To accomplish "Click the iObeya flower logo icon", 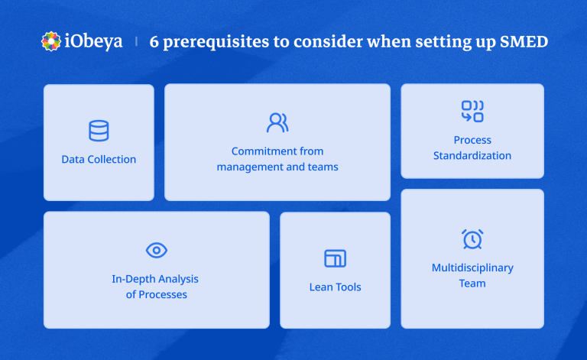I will [x=51, y=41].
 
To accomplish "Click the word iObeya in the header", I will [x=92, y=41].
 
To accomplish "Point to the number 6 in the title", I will [x=154, y=42].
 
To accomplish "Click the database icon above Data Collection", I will [x=99, y=131].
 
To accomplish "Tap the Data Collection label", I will [x=99, y=159].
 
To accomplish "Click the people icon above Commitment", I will [x=277, y=122].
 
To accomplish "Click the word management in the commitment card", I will [x=246, y=167].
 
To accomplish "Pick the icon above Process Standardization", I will [x=472, y=112].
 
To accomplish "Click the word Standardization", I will [x=472, y=155].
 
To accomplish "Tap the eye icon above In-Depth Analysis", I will [x=156, y=250].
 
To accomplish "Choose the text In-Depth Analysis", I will [x=155, y=279].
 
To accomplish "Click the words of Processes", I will [x=156, y=294].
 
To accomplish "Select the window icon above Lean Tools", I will [x=335, y=258].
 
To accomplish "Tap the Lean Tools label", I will [x=335, y=287].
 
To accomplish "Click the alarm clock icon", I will [x=472, y=239].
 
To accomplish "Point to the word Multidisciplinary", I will [x=472, y=268].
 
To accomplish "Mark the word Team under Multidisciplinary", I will [x=472, y=283].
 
